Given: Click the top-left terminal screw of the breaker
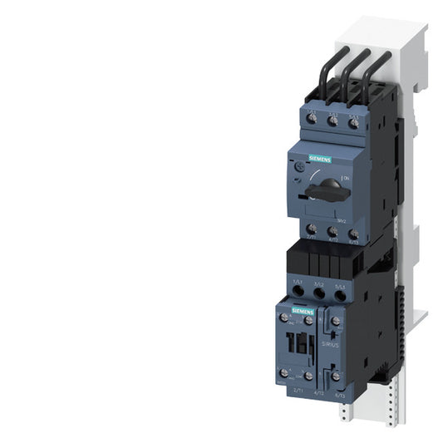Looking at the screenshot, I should (313, 121).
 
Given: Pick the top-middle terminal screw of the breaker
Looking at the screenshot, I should (332, 121).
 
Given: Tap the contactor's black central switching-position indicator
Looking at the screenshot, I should (305, 345).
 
